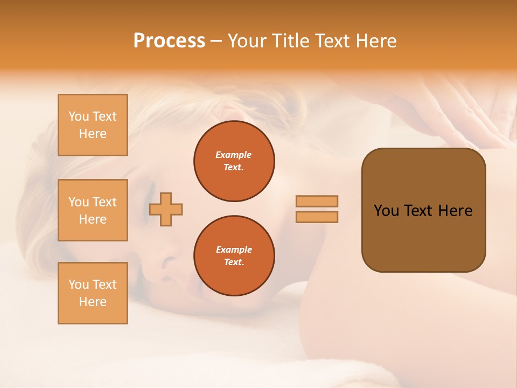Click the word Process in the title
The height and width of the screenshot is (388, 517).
(x=169, y=41)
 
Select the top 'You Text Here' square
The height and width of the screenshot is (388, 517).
(x=93, y=125)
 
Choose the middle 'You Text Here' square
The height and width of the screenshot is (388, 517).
(x=93, y=210)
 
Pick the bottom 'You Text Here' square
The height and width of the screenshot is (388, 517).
(x=93, y=293)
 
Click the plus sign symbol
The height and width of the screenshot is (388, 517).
(x=166, y=210)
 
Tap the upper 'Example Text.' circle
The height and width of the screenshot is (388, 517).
(x=234, y=161)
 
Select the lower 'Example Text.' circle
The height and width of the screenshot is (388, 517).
(x=234, y=256)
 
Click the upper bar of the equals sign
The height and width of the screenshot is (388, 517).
(x=317, y=202)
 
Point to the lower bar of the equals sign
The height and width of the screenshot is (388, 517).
(x=317, y=217)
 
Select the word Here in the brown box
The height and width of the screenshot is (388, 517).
(x=455, y=211)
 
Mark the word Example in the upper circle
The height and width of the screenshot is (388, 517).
(x=234, y=155)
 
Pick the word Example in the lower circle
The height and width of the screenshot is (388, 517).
(x=234, y=250)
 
